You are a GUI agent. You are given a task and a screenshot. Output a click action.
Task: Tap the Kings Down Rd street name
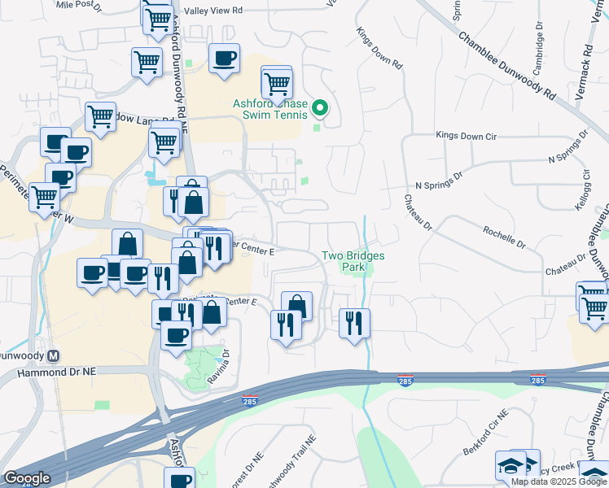coord(379,48)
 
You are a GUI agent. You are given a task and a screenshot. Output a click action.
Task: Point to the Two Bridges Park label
coord(353,260)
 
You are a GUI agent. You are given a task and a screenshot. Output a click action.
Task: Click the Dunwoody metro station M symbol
coord(55,355)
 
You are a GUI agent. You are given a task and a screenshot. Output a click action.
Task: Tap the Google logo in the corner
coord(28,478)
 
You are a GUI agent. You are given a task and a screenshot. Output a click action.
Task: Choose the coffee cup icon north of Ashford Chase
coord(224,59)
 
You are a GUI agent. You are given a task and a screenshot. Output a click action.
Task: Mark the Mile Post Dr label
coord(77,4)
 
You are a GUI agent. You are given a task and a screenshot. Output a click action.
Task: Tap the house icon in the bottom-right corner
coord(594,473)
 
